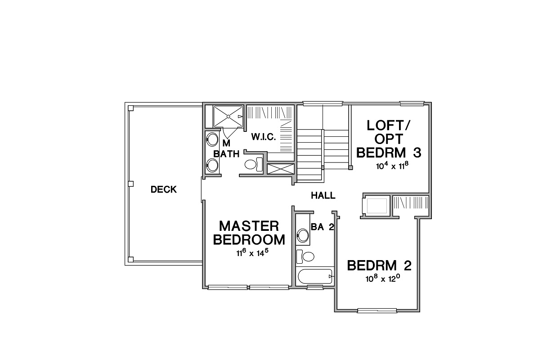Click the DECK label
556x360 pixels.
coord(164,190)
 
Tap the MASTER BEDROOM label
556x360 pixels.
coord(249,233)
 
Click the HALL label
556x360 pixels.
coord(323,195)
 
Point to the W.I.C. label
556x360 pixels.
coord(263,136)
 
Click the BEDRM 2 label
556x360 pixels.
coord(379,265)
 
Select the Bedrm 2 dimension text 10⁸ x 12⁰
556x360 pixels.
coord(382,279)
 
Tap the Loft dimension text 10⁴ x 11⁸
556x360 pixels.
coord(392,166)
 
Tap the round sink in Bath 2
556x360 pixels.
coord(303,235)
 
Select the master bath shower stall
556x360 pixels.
coord(228,116)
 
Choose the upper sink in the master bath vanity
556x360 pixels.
coord(212,139)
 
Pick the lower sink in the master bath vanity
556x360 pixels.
coord(212,165)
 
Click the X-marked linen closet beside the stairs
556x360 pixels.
coord(281,169)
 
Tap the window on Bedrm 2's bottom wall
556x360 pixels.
coord(377,310)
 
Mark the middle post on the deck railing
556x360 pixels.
coord(130,184)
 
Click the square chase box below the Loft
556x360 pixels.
coord(376,206)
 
